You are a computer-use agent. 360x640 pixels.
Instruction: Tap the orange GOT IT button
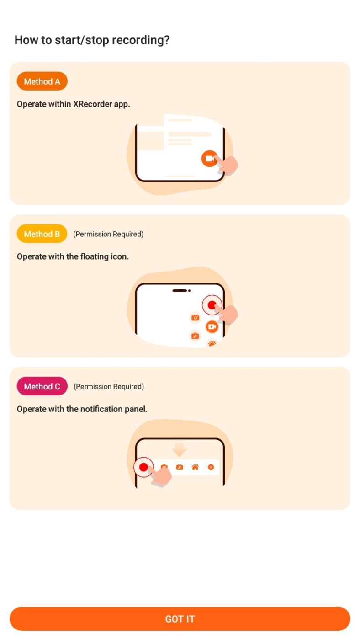180,619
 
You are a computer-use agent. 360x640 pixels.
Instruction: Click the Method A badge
42,81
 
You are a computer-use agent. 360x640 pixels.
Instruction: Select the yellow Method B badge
42,234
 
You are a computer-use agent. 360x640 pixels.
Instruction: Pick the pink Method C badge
42,387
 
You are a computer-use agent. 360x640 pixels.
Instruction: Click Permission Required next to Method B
108,234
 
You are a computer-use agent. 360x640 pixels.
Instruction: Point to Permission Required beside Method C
109,387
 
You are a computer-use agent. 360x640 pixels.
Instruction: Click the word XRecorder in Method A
93,104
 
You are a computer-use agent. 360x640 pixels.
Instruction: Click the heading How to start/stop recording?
92,40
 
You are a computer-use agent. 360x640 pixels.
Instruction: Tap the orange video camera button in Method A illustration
209,158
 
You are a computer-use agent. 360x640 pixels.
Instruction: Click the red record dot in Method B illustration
212,305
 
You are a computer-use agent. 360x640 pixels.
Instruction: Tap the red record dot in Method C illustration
143,467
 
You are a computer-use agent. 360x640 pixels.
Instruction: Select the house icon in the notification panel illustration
195,467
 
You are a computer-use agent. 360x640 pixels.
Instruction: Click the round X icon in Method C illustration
211,467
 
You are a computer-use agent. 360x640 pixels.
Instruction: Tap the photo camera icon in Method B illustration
195,318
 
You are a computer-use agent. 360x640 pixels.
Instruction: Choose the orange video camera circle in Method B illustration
212,327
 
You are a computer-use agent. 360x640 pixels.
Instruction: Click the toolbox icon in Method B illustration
195,336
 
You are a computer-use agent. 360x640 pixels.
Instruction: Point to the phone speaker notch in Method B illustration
180,290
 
